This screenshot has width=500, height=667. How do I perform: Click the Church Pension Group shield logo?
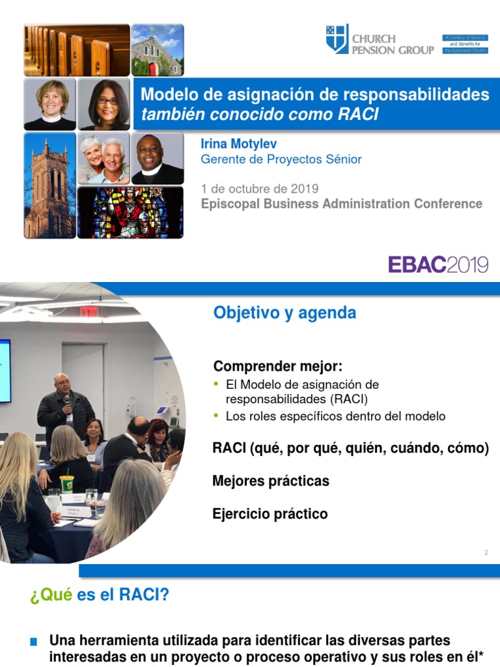coord(337,40)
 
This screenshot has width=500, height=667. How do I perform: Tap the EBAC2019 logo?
coord(438,264)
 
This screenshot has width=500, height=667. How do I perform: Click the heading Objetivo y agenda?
coord(285,313)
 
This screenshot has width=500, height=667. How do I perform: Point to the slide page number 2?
coord(486,553)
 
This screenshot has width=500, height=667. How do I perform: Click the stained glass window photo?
coord(130,212)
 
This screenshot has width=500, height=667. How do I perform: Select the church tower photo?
coord(49,186)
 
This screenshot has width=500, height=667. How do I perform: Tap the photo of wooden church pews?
coord(77,50)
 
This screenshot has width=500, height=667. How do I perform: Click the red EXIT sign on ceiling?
coord(89,311)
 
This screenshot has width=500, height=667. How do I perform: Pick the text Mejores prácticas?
coord(270,481)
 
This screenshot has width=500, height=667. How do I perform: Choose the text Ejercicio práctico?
coord(270,514)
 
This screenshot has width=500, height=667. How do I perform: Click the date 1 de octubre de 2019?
coord(260,189)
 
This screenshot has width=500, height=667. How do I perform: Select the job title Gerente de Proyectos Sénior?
coord(281,160)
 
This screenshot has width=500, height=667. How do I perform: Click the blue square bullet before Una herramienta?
coord(34,642)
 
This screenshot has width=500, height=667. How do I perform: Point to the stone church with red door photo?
coord(157,50)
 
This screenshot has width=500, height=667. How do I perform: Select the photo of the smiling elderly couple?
coord(104,159)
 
